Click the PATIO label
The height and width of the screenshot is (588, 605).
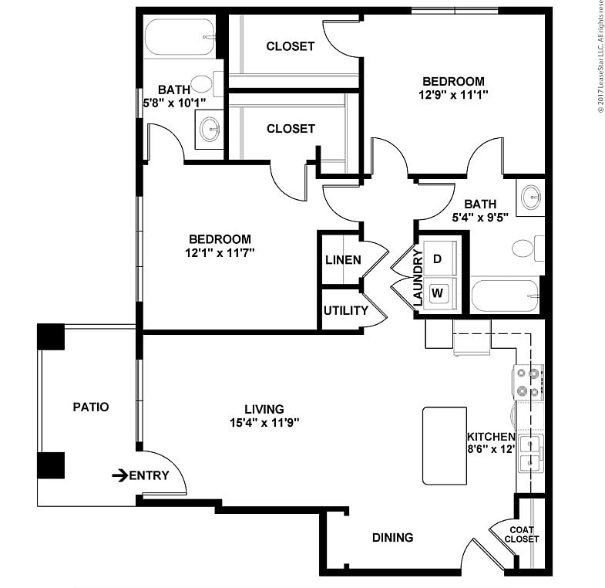pyautogui.click(x=90, y=407)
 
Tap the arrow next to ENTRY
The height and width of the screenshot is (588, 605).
pyautogui.click(x=119, y=475)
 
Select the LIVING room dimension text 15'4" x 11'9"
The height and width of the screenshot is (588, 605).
pyautogui.click(x=264, y=423)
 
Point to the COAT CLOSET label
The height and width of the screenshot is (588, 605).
pyautogui.click(x=522, y=534)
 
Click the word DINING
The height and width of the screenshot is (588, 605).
pyautogui.click(x=392, y=538)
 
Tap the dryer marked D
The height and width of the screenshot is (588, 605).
pyautogui.click(x=437, y=259)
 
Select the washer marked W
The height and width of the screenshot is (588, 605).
pyautogui.click(x=437, y=293)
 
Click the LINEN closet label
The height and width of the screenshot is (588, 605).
pyautogui.click(x=342, y=260)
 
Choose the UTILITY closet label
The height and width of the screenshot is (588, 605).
pyautogui.click(x=345, y=311)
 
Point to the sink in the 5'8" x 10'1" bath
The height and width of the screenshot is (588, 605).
pyautogui.click(x=209, y=128)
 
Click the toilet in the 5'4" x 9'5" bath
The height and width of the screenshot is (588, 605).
pyautogui.click(x=524, y=248)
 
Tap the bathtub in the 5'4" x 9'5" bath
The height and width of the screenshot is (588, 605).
pyautogui.click(x=505, y=296)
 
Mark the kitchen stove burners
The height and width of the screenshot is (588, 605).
pyautogui.click(x=527, y=382)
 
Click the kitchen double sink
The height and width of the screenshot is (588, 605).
pyautogui.click(x=530, y=453)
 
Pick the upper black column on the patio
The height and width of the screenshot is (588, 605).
pyautogui.click(x=51, y=336)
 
